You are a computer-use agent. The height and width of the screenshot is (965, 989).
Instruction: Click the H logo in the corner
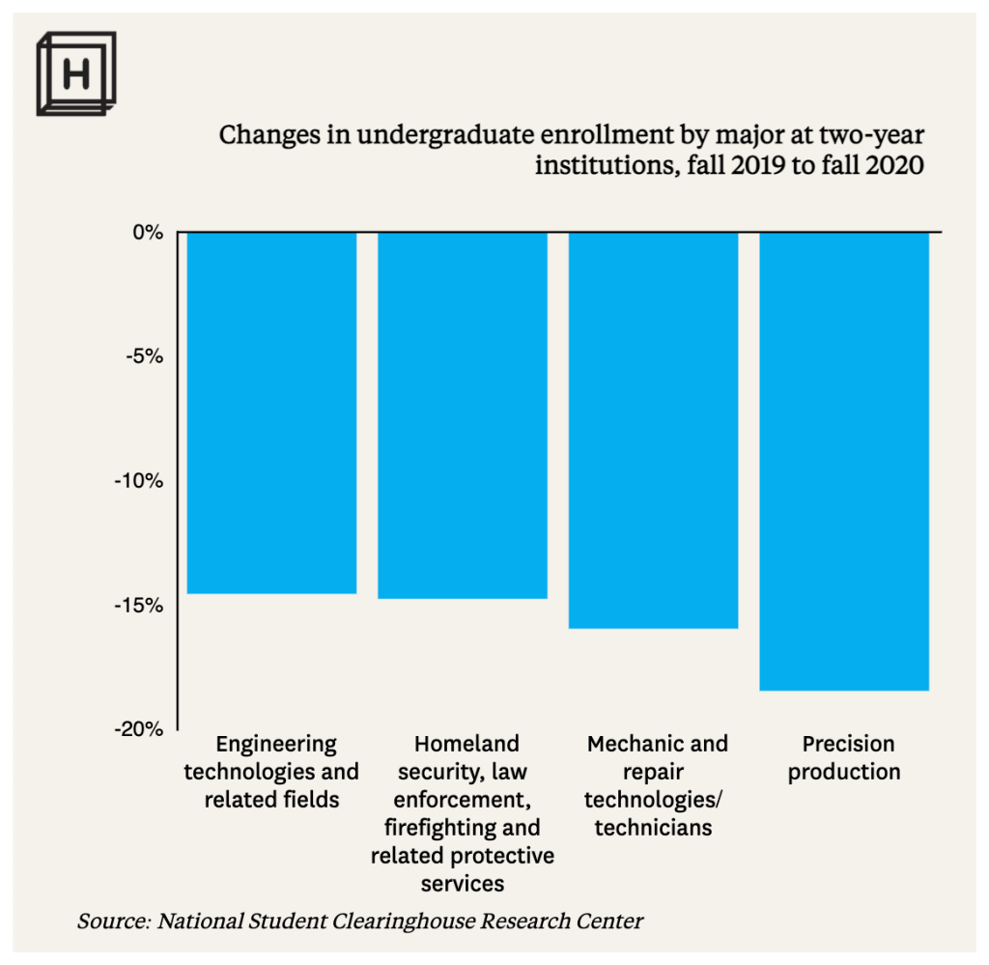(75, 73)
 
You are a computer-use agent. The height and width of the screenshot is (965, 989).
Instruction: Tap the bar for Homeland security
(463, 415)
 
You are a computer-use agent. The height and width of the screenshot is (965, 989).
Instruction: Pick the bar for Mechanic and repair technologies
(654, 430)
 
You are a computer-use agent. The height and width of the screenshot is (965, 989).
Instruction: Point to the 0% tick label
(147, 233)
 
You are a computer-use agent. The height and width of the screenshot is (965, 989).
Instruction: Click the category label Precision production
(844, 757)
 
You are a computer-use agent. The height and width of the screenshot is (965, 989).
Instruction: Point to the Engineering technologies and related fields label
(271, 771)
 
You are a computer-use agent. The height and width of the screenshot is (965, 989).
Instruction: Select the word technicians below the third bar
(653, 828)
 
